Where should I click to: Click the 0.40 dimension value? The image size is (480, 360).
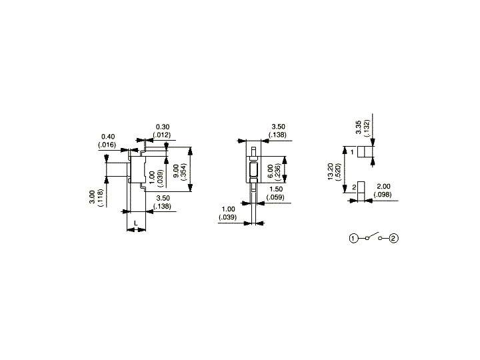tap(107, 136)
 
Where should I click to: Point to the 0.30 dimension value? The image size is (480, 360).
tap(162, 127)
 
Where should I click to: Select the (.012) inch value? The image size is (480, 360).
tap(162, 135)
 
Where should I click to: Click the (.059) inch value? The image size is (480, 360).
tap(275, 198)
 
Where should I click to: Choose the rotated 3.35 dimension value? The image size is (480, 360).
tap(359, 127)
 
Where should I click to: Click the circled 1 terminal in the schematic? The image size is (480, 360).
tap(354, 238)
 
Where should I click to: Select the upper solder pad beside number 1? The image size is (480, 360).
tap(364, 152)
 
